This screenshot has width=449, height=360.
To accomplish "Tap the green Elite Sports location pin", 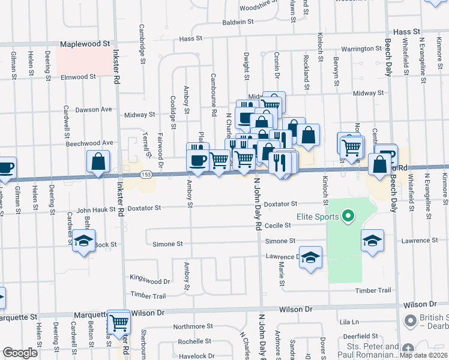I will [347, 216].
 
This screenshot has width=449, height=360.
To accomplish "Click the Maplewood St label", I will [86, 44].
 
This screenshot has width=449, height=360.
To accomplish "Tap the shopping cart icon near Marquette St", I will [119, 322].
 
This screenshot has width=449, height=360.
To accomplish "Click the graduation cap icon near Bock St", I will [84, 241].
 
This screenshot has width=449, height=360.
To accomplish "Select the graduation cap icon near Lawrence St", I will [372, 241].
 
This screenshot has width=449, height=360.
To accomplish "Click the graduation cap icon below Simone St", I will [310, 257].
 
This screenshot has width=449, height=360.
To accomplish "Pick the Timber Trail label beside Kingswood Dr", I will [148, 295].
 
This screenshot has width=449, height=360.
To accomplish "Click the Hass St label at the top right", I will [405, 31].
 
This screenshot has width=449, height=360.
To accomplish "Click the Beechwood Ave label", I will [89, 143].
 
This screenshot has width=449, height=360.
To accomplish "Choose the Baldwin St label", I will [238, 22].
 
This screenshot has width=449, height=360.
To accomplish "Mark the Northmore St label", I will [189, 327].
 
